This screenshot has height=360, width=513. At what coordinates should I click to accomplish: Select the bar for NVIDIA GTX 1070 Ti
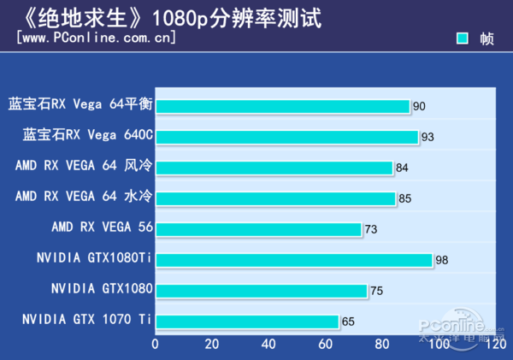(x=246, y=322)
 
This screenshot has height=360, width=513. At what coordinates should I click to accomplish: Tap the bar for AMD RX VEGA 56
(x=258, y=229)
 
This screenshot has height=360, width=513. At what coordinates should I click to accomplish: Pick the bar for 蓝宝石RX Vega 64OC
(x=286, y=137)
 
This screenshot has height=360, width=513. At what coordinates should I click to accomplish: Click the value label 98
(x=442, y=260)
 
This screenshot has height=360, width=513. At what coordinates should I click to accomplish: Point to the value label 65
(x=348, y=322)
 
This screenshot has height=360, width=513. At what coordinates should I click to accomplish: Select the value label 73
(x=371, y=229)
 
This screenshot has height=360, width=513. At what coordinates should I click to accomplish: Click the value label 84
(x=403, y=168)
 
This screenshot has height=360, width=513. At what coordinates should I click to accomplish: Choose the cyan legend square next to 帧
(x=463, y=38)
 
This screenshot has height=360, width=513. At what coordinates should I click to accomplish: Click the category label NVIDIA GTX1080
(x=102, y=288)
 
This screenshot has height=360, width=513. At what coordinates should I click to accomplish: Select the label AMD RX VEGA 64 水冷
(x=84, y=197)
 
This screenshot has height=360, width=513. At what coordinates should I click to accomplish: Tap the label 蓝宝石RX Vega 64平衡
(x=80, y=104)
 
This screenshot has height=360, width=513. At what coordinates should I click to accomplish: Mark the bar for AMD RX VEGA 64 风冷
(x=274, y=168)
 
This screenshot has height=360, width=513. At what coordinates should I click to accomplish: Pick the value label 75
(x=376, y=291)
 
